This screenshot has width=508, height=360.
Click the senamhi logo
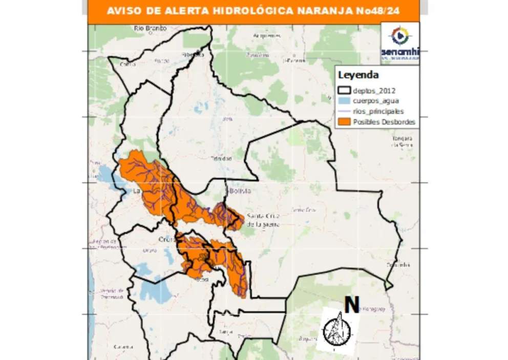click(400, 43)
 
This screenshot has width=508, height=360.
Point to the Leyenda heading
click(358, 75)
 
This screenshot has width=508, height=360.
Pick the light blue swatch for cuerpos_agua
click(344, 101)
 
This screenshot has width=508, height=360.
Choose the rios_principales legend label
click(378, 112)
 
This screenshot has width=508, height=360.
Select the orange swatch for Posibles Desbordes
click(344, 122)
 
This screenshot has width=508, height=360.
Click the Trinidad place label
click(221, 158)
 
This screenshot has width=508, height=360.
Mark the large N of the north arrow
click(351, 305)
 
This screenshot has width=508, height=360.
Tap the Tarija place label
click(222, 332)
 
